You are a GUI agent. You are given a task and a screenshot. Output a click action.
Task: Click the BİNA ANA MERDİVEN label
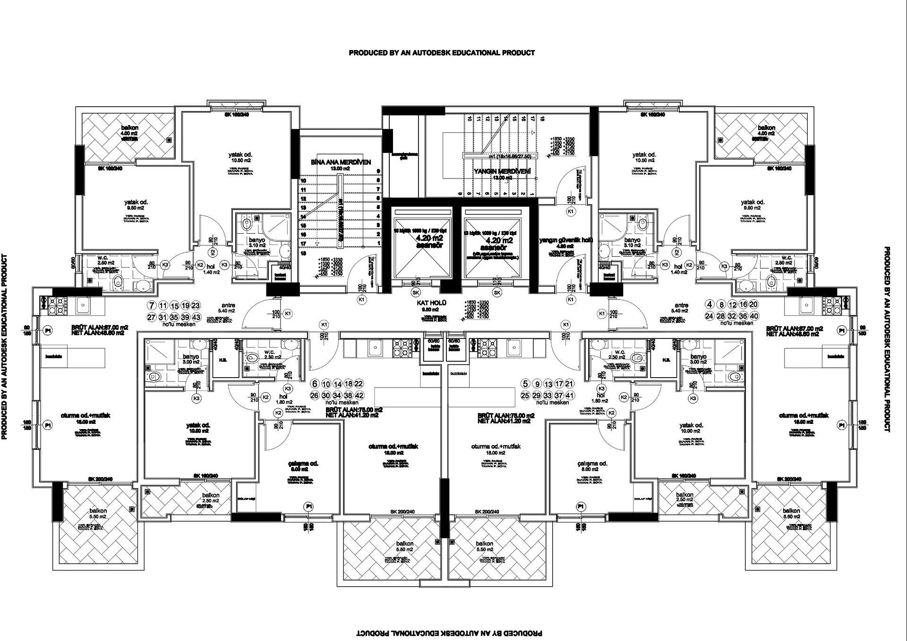click(x=341, y=162)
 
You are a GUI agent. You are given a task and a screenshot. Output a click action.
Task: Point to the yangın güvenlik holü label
click(x=566, y=240)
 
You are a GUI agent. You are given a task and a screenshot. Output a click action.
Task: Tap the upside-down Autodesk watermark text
click(x=449, y=633)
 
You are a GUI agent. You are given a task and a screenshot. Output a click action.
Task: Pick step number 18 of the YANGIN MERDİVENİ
click(x=543, y=119)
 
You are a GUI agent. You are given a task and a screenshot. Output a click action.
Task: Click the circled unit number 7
click(x=151, y=306)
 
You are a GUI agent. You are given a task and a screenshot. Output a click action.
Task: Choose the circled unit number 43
click(x=197, y=318)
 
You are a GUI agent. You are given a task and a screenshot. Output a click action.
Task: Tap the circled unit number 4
click(x=710, y=304)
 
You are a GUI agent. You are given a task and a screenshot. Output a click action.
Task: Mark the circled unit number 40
click(x=754, y=316)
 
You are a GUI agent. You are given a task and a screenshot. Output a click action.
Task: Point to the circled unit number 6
click(x=314, y=384)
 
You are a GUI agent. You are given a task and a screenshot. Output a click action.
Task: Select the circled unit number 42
click(x=359, y=396)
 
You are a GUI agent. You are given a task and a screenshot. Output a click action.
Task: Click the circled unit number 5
click(x=525, y=384)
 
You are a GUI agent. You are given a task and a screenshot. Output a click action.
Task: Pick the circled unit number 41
click(x=570, y=396)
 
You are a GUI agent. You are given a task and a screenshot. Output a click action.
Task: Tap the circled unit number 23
click(x=196, y=306)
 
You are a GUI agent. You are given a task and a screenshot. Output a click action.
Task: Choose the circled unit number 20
click(x=754, y=304)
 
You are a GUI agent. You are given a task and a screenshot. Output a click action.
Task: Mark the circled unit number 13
click(x=548, y=384)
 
